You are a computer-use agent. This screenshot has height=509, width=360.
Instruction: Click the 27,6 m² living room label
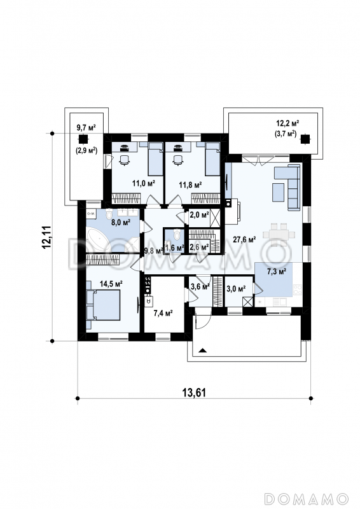pyautogui.click(x=244, y=240)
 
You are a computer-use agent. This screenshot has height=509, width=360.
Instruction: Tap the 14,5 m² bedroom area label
pyautogui.click(x=111, y=284)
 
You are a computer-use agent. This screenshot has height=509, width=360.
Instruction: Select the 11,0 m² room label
pyautogui.click(x=144, y=183)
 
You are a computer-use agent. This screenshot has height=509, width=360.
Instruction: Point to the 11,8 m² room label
pyautogui.click(x=191, y=185)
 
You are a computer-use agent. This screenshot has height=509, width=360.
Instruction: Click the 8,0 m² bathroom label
pyautogui.click(x=121, y=222)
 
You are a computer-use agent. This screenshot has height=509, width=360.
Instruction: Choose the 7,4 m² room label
pyautogui.click(x=163, y=313)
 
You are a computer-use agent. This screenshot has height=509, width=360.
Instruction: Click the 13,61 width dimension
pyautogui.click(x=194, y=393)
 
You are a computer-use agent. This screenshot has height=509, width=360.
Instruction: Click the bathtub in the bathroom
pyautogui.click(x=97, y=239)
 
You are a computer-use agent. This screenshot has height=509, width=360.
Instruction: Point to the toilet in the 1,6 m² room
pyautogui.click(x=177, y=234)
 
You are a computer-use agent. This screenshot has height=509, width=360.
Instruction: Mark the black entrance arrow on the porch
pyautogui.click(x=202, y=350)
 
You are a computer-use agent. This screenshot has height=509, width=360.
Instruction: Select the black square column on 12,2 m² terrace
pyautogui.click(x=304, y=139)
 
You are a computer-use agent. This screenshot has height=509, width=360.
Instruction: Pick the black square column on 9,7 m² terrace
pyautogui.click(x=83, y=139)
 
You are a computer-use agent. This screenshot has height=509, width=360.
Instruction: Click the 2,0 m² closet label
pyautogui.click(x=198, y=214)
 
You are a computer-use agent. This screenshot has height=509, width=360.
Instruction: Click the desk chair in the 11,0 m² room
pyautogui.click(x=124, y=160)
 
